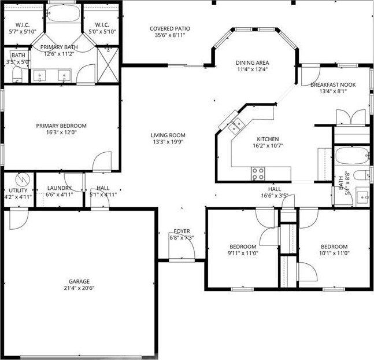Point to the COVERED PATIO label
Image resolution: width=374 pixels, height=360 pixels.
(169, 28)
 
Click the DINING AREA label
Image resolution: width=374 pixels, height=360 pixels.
(253, 63)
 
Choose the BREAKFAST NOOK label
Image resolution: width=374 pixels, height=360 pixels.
(332, 85)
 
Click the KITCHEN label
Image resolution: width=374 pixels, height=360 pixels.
(268, 139)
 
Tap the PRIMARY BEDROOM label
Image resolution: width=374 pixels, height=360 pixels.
(61, 126)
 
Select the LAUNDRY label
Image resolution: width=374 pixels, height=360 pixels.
(60, 188)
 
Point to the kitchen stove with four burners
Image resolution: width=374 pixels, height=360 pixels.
(258, 172)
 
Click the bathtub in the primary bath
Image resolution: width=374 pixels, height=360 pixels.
(63, 13)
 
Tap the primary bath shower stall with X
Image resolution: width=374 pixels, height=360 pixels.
(108, 58)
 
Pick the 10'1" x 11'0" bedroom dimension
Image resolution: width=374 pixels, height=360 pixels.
(334, 253)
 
